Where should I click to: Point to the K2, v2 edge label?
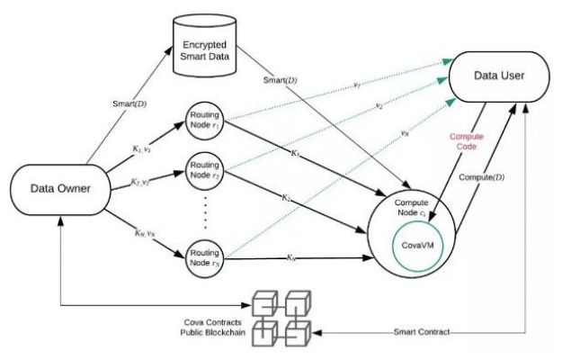pyautogui.click(x=143, y=183)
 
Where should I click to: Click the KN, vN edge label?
pyautogui.click(x=143, y=236)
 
